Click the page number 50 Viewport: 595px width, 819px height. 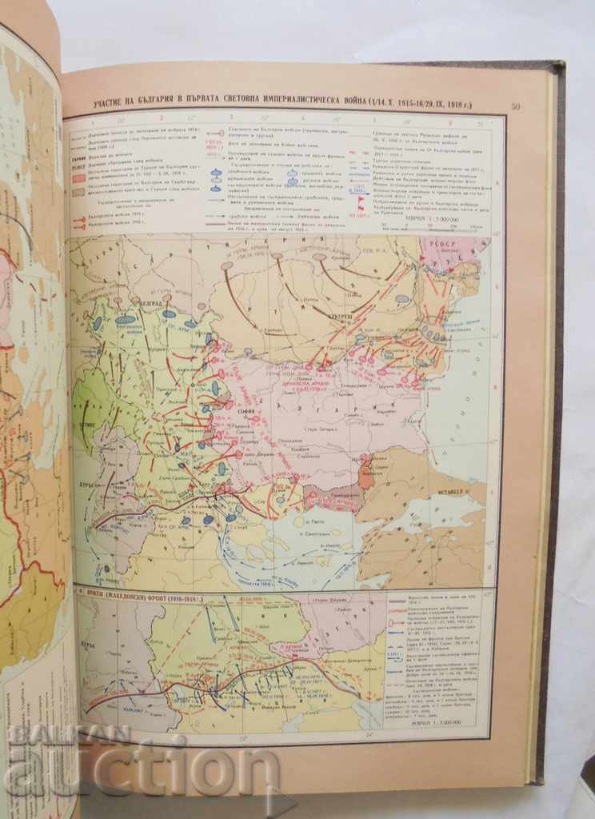pos(516,106)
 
